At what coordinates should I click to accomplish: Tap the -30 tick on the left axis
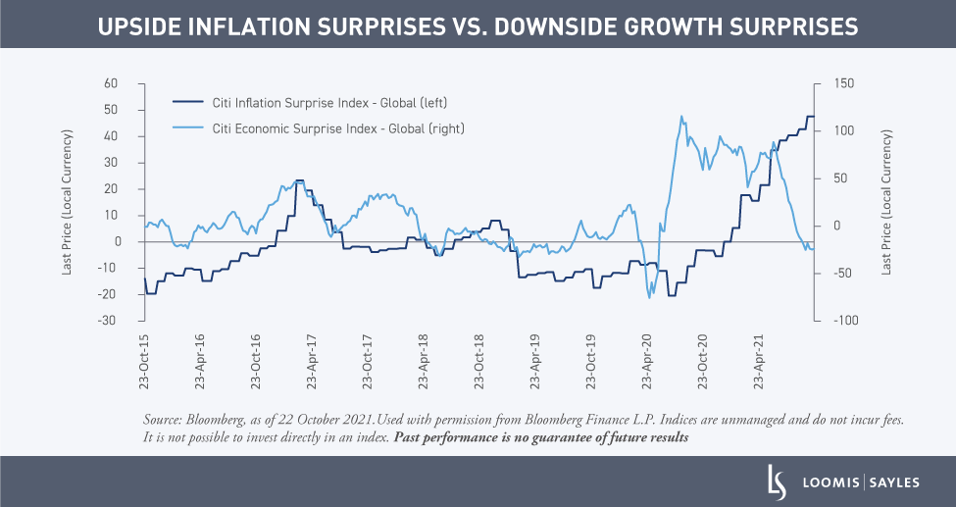(125, 321)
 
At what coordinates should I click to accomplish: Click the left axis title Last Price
(68, 202)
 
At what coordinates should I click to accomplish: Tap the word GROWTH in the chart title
(690, 28)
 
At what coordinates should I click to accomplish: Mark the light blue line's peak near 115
(680, 116)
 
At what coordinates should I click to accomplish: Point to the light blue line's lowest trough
(649, 297)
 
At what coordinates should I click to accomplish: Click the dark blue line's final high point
(810, 117)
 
